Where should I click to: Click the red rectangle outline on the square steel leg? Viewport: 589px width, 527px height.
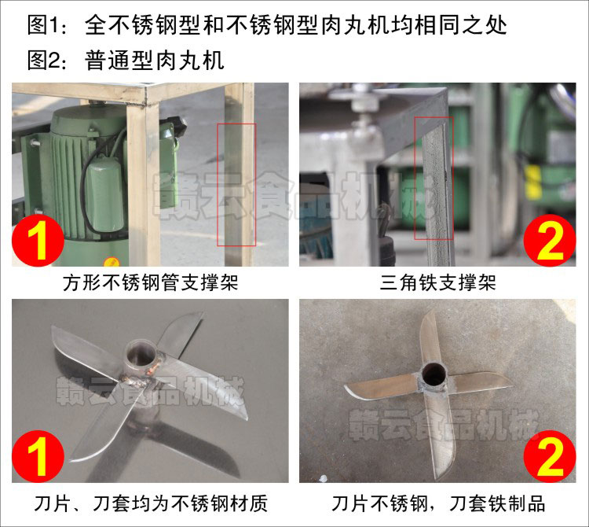pyautogui.click(x=236, y=184)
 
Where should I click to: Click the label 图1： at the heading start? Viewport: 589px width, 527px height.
pyautogui.click(x=49, y=25)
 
